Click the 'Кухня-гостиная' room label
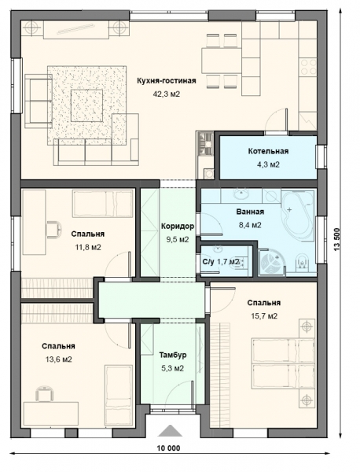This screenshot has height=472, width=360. (167, 81)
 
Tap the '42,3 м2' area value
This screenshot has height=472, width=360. (167, 94)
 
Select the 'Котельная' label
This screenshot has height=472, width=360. (268, 151)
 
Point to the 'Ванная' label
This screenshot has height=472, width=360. (250, 212)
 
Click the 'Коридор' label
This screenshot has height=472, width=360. (178, 226)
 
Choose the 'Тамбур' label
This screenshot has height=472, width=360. (173, 355)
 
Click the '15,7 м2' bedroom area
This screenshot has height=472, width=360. (264, 316)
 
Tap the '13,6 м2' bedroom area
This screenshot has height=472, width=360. (58, 360)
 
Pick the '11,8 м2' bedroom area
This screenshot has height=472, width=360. (88, 248)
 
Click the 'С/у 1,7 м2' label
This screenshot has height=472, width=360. (221, 262)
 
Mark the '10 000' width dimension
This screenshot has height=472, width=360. (168, 448)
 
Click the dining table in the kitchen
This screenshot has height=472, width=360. (222, 61)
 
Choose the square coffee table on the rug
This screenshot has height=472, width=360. (86, 105)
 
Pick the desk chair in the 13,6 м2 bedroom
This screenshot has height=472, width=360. (45, 393)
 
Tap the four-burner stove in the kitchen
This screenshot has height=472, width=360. (308, 67)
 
